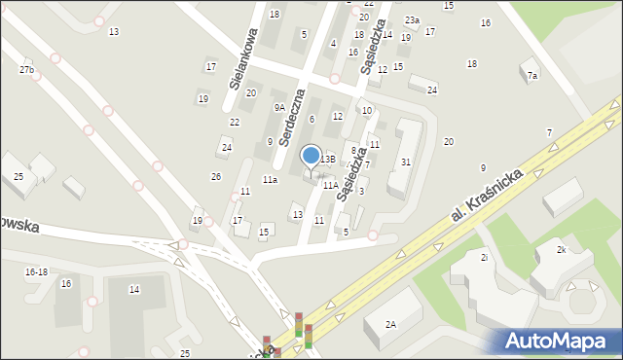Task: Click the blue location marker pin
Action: point(311,156)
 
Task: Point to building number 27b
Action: point(26,70)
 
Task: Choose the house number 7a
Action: point(531,75)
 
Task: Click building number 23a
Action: point(413,20)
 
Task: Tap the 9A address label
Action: point(279,108)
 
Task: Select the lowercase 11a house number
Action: point(270,180)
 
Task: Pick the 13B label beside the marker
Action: point(329,159)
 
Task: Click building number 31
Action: point(405,162)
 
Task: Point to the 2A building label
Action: point(390,324)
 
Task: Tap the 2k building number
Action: point(562,250)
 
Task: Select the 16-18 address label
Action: point(36,272)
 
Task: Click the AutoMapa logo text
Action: point(563,342)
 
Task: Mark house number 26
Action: point(216,176)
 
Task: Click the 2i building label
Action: point(484,257)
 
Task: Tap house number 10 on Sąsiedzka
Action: point(366,111)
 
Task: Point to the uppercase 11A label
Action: point(331,185)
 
